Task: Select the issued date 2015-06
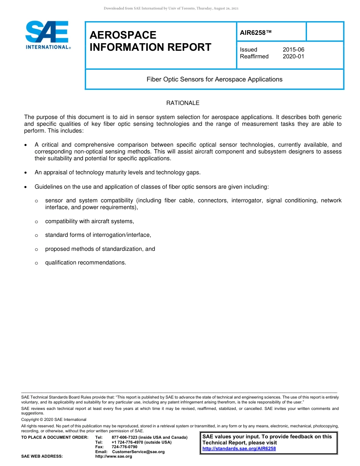point(293,50)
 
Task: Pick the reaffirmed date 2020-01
point(293,56)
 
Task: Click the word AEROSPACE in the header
point(123,35)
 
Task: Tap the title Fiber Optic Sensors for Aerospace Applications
point(214,79)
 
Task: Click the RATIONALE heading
point(183,103)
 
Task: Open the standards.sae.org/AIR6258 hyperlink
point(239,449)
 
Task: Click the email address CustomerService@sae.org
point(138,452)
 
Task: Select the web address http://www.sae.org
point(113,457)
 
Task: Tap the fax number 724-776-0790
point(124,447)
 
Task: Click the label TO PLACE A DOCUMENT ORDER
point(55,438)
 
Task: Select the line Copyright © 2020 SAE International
point(54,419)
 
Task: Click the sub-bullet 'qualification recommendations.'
point(86,263)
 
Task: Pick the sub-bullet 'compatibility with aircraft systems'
point(89,221)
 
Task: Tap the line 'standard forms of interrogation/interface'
point(98,235)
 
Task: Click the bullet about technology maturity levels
point(117,172)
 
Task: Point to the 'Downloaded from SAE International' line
point(171,8)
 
